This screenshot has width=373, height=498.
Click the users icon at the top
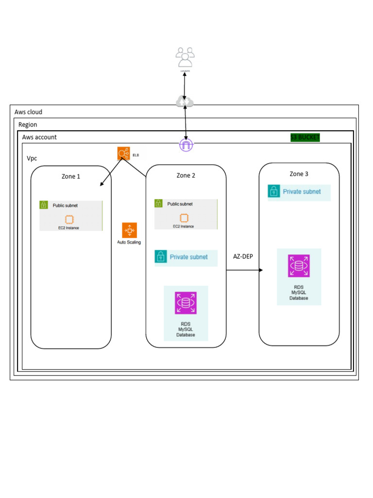click(x=185, y=57)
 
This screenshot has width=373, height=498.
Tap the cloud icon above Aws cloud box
click(x=185, y=102)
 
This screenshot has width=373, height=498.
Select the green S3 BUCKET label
click(x=305, y=137)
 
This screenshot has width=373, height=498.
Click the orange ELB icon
click(x=124, y=154)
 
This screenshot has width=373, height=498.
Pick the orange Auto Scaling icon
click(x=129, y=230)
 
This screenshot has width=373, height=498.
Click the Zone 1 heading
click(x=71, y=177)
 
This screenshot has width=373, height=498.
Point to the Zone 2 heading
click(x=186, y=176)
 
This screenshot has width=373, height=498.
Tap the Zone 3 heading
click(x=299, y=174)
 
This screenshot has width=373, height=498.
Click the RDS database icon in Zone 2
click(x=186, y=303)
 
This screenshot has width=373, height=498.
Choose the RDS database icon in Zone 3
click(x=299, y=266)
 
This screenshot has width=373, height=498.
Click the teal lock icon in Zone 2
click(x=161, y=257)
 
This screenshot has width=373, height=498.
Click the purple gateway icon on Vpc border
click(x=186, y=144)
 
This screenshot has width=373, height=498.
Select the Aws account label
click(x=39, y=137)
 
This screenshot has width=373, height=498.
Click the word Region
click(x=28, y=125)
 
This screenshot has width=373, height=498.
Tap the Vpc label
click(x=32, y=159)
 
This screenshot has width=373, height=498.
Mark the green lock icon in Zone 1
click(x=44, y=205)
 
